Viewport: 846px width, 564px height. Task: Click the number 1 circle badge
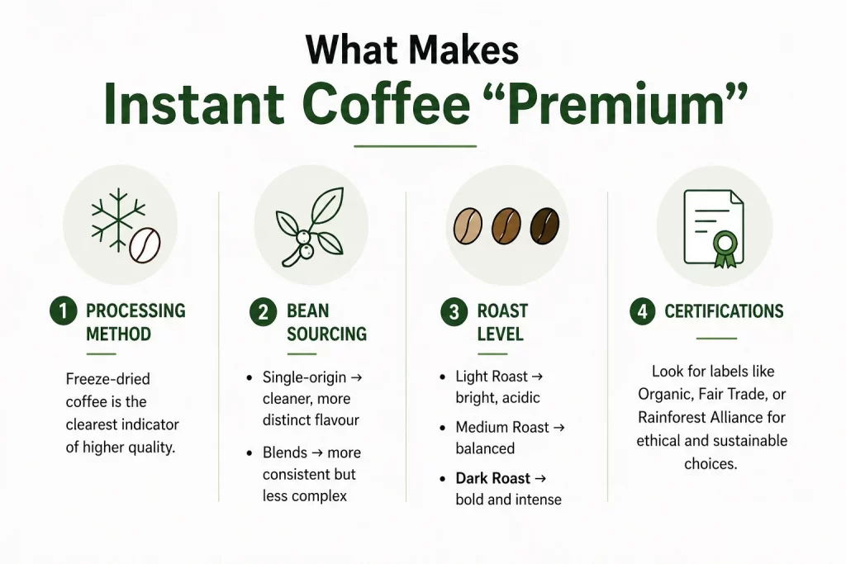(63, 311)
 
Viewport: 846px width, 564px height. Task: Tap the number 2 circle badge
(263, 312)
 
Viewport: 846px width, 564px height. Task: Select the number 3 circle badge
(454, 312)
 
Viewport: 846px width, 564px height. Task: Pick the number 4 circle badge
(643, 312)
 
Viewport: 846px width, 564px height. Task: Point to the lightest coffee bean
(468, 224)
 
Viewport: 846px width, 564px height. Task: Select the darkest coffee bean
(544, 224)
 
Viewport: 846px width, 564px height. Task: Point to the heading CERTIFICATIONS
(724, 311)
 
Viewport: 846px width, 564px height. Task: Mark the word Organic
(666, 395)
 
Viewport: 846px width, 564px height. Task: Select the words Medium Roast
(502, 428)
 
